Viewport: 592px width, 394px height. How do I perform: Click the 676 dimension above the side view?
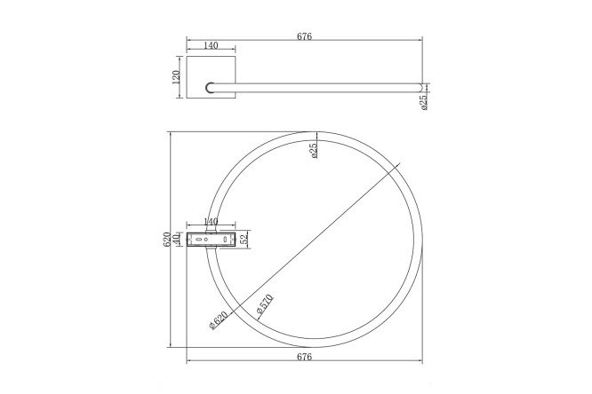point(304,36)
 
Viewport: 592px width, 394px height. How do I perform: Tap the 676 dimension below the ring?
point(304,357)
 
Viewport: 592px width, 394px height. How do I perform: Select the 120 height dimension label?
point(176,77)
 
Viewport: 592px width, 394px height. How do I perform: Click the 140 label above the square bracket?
point(211,45)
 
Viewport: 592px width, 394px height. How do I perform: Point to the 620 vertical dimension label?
point(166,240)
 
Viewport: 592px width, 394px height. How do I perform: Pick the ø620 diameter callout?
point(219,320)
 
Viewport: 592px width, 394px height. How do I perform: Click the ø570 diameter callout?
point(265,304)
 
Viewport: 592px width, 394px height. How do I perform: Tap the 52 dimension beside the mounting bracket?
point(244,238)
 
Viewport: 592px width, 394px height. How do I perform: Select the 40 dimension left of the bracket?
point(176,239)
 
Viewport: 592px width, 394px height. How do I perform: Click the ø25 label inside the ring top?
point(314,150)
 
